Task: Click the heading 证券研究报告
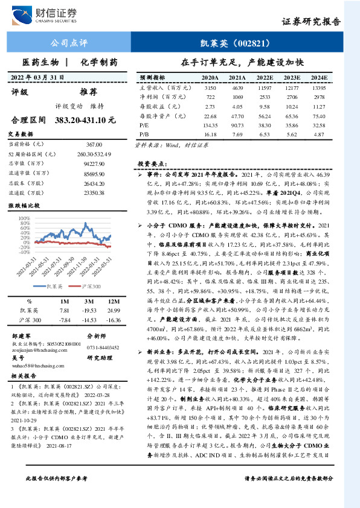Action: click(x=319, y=22)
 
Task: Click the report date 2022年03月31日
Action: click(x=38, y=77)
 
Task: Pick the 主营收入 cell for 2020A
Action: click(x=210, y=88)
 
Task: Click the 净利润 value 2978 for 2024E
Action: click(x=320, y=97)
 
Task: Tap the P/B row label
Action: click(x=144, y=134)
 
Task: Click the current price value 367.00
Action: click(x=95, y=144)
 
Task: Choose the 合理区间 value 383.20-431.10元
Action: click(x=85, y=120)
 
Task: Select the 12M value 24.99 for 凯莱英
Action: click(x=115, y=309)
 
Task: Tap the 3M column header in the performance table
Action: click(x=89, y=300)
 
